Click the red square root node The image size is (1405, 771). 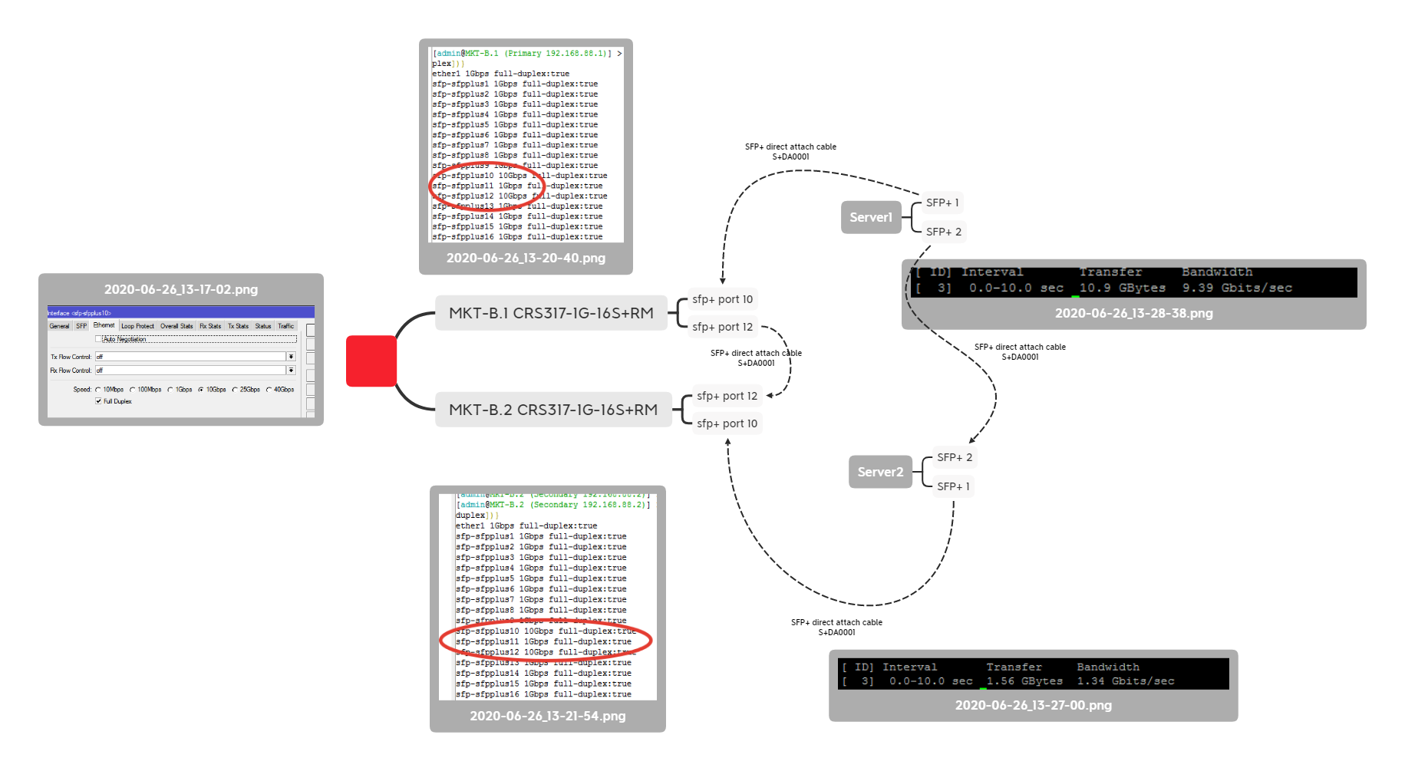pyautogui.click(x=371, y=361)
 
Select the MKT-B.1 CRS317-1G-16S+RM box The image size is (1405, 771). pyautogui.click(x=551, y=313)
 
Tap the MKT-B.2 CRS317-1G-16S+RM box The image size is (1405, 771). pyautogui.click(x=553, y=410)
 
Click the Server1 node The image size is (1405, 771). pyautogui.click(x=871, y=217)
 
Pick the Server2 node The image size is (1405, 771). pyautogui.click(x=880, y=472)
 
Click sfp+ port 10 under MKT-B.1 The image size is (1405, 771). pyautogui.click(x=722, y=299)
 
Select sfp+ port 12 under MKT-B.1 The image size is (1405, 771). pyautogui.click(x=722, y=327)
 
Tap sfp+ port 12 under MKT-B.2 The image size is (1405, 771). pyautogui.click(x=727, y=396)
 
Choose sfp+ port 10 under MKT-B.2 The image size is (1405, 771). pyautogui.click(x=727, y=423)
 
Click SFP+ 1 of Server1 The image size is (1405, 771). pyautogui.click(x=942, y=203)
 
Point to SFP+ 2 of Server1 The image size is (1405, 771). pyautogui.click(x=943, y=232)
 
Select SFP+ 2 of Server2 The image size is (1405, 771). pyautogui.click(x=954, y=457)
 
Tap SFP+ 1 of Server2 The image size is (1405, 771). pyautogui.click(x=953, y=486)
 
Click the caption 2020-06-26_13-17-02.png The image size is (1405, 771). pyautogui.click(x=181, y=289)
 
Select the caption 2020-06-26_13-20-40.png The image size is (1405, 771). pyautogui.click(x=526, y=258)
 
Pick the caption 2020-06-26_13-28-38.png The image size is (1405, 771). pyautogui.click(x=1133, y=313)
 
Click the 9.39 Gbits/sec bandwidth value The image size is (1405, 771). pyautogui.click(x=1237, y=288)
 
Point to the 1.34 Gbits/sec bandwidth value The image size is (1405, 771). pyautogui.click(x=1125, y=681)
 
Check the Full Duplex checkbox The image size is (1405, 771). pyautogui.click(x=98, y=401)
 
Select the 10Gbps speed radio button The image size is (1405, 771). pyautogui.click(x=201, y=390)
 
